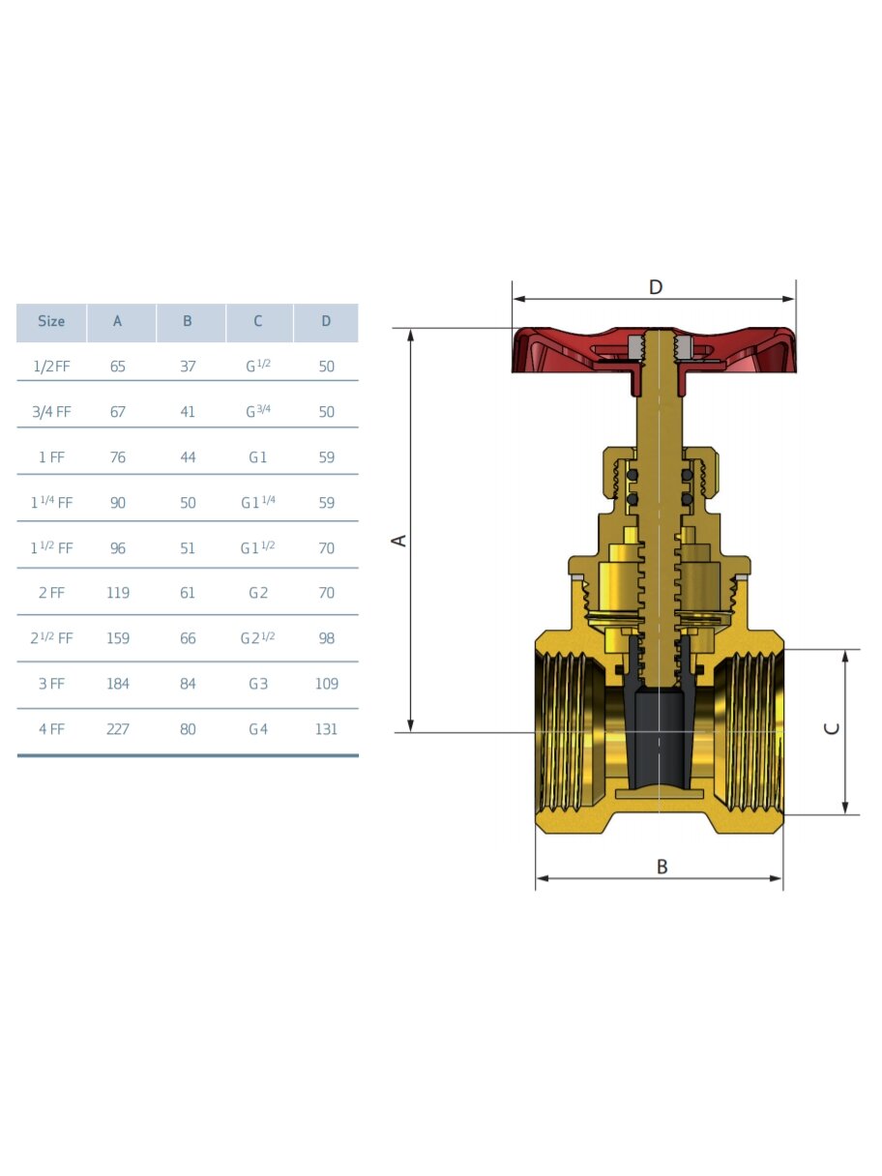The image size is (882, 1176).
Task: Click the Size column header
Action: [x=51, y=321]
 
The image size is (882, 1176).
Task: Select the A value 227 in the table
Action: [x=118, y=729]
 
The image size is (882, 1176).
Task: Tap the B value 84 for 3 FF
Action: [x=188, y=684]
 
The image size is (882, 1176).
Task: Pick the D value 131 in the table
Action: [x=326, y=729]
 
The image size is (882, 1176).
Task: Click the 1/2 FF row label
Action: [x=51, y=367]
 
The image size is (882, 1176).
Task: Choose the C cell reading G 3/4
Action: [x=258, y=411]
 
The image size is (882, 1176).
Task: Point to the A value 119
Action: [x=118, y=593]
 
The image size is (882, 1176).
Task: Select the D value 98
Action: [x=326, y=638]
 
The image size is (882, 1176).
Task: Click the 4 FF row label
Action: [x=51, y=729]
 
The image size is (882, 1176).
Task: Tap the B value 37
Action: [x=188, y=367]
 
